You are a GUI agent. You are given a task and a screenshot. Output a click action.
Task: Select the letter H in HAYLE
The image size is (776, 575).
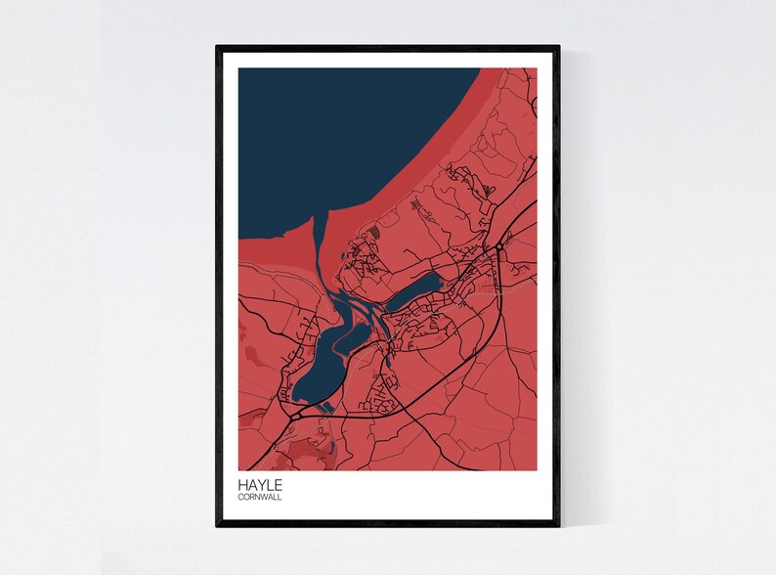point(241,484)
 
